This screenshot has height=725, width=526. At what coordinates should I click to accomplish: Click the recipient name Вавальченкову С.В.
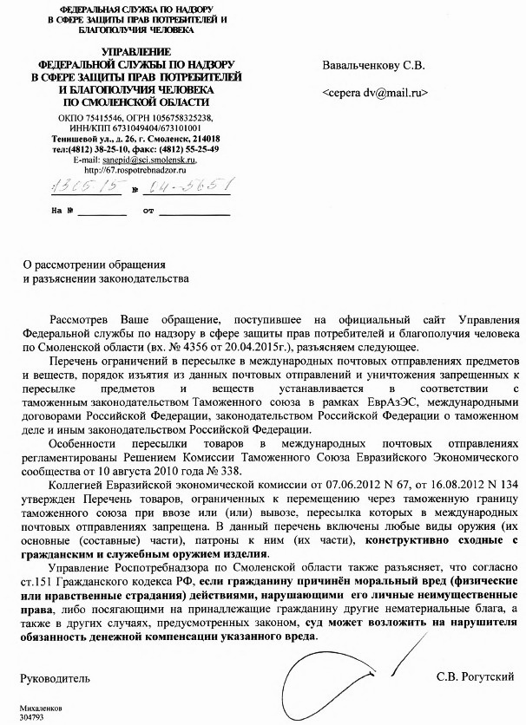coord(373,65)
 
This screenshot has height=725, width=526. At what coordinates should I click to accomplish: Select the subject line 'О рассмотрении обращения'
coord(94,264)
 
